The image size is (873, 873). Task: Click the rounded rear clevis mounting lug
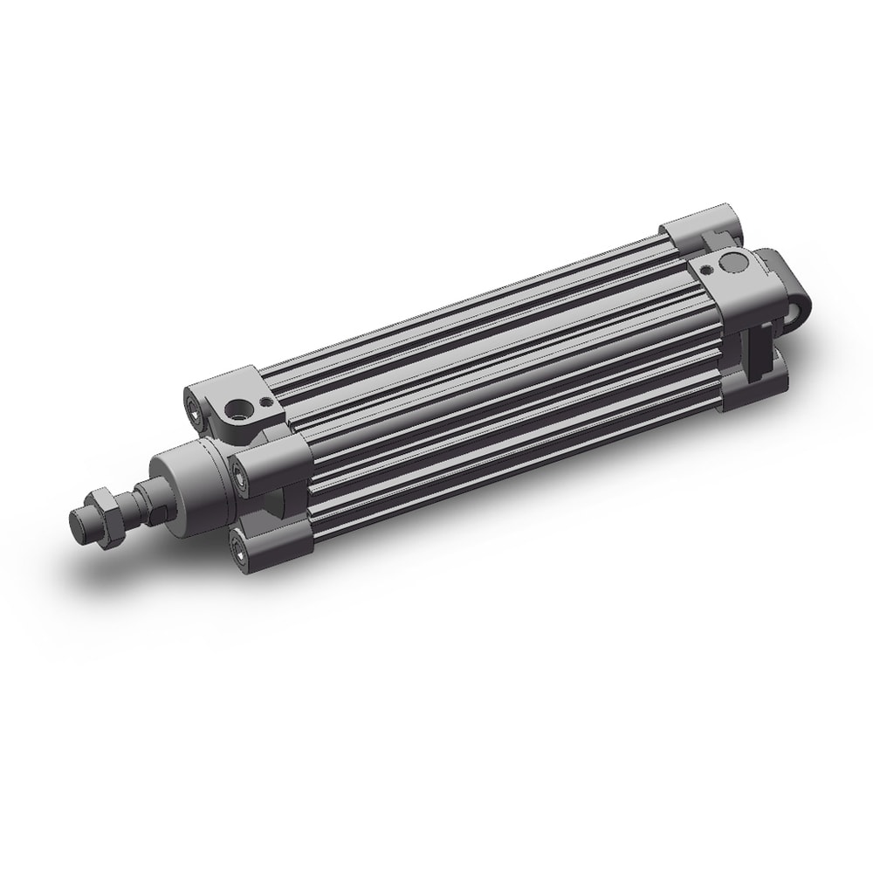[790, 288]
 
